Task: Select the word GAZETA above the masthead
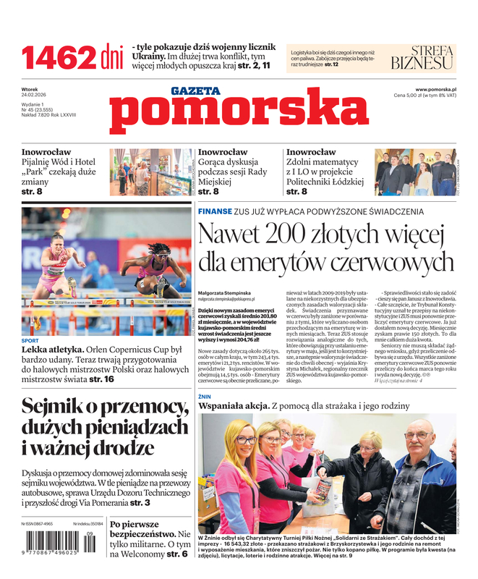(195, 91)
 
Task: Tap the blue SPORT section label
(30, 340)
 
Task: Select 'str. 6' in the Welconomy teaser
(177, 554)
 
